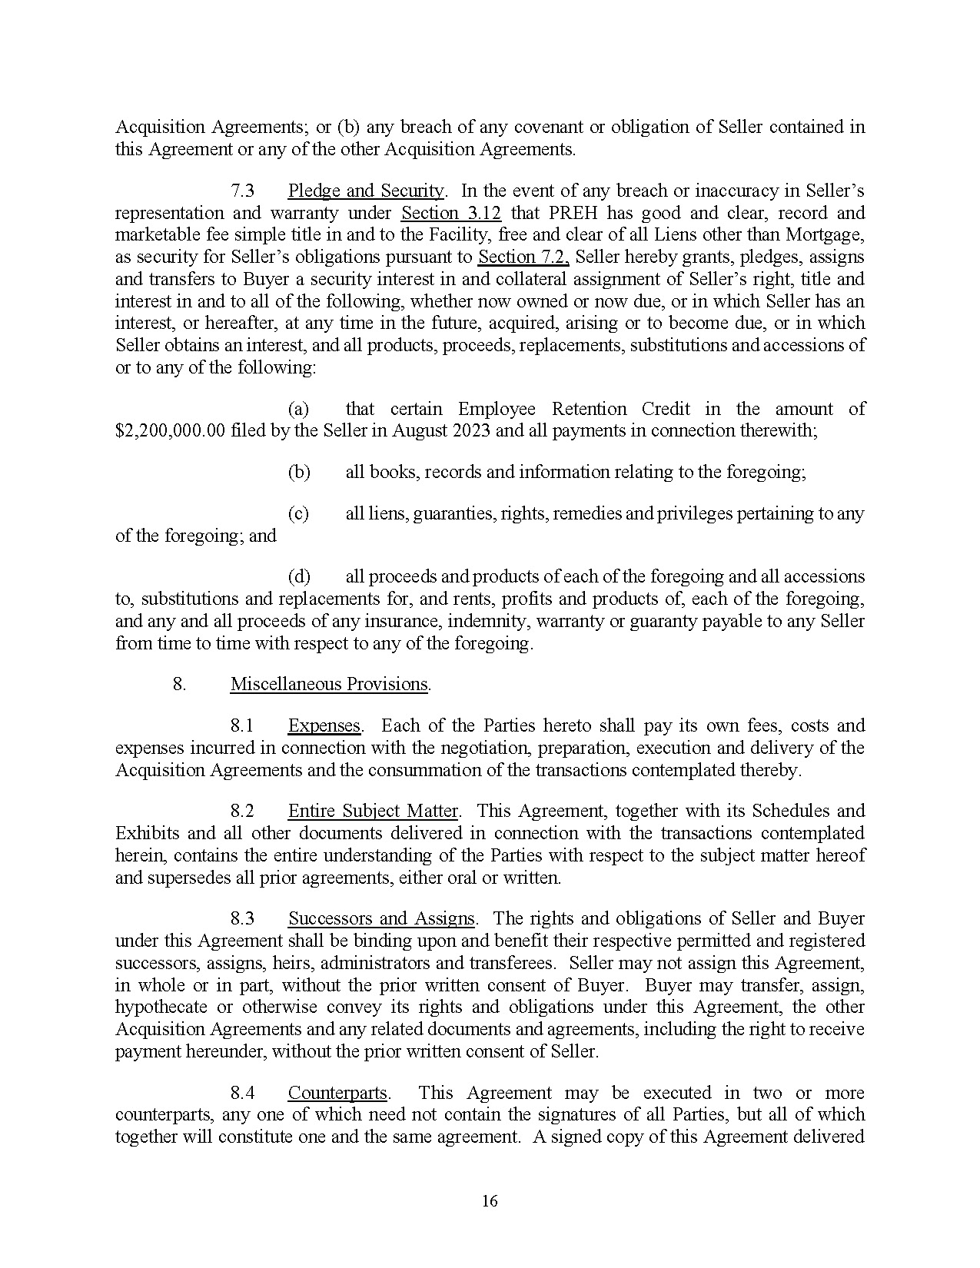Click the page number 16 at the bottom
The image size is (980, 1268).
(x=490, y=1200)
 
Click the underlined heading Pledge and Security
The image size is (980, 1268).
(x=365, y=191)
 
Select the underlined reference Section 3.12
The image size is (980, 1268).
(x=451, y=213)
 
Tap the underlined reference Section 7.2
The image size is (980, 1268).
(x=523, y=257)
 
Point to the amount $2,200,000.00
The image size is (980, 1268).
(x=170, y=431)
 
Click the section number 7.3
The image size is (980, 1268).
(x=243, y=191)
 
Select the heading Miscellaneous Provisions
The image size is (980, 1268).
(x=329, y=684)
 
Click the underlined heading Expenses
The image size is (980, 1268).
(x=324, y=725)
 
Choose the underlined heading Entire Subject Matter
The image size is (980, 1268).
(x=373, y=811)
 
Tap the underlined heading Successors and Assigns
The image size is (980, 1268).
(x=382, y=918)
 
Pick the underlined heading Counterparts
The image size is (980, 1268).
(x=337, y=1093)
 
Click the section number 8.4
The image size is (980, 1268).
(x=243, y=1093)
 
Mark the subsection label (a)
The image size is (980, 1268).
(x=299, y=409)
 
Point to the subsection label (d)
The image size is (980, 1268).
(x=299, y=576)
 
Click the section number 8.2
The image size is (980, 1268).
(x=243, y=811)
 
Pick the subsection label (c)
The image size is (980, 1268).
(x=298, y=513)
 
